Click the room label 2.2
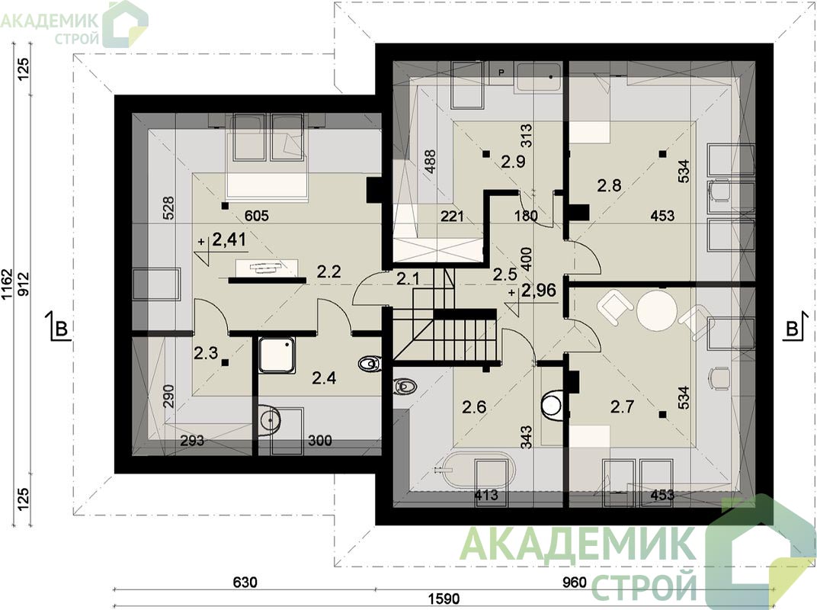[328, 271]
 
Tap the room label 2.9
[513, 162]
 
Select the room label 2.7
[622, 406]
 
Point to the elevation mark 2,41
[229, 239]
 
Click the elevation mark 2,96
[538, 291]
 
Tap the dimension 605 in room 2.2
[256, 215]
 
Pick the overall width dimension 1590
[445, 599]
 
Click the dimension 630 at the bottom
[245, 582]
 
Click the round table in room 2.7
[657, 310]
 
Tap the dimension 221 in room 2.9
[452, 215]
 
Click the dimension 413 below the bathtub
[485, 494]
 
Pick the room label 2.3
[206, 354]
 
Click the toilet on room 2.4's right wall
[370, 363]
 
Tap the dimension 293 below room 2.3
[192, 441]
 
